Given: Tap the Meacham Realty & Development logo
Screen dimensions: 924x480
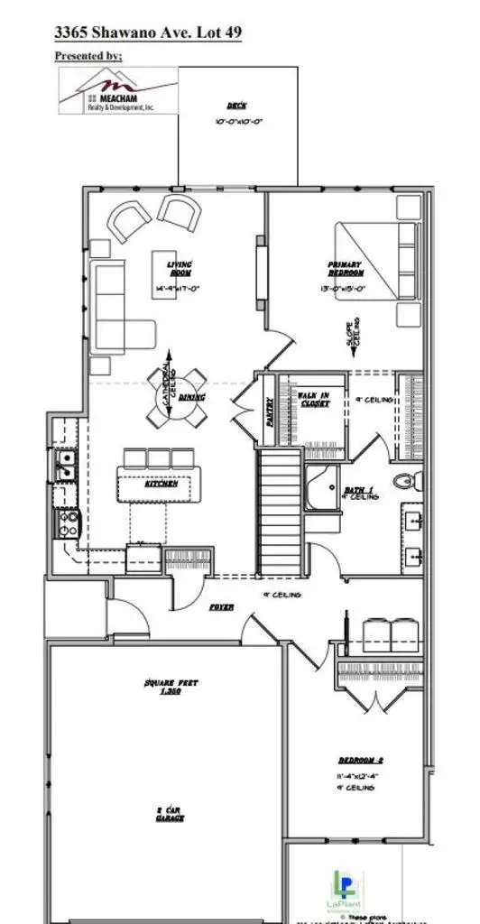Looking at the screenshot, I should pyautogui.click(x=118, y=93).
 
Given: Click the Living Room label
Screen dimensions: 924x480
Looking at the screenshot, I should pyautogui.click(x=178, y=269).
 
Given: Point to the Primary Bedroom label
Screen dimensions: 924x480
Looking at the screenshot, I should pyautogui.click(x=345, y=269).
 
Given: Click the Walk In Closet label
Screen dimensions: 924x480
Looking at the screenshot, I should pyautogui.click(x=313, y=399).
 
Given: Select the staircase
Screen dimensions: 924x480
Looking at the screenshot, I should pyautogui.click(x=280, y=510).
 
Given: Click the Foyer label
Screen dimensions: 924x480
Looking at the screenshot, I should pyautogui.click(x=222, y=607).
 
